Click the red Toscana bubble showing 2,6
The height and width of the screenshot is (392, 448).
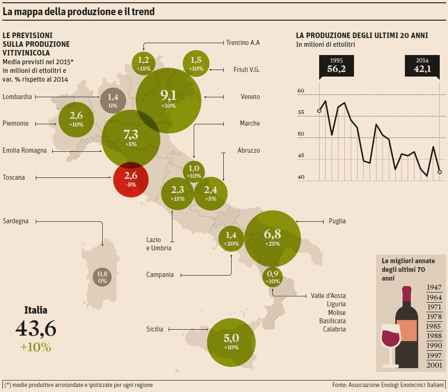pyautogui.click(x=131, y=179)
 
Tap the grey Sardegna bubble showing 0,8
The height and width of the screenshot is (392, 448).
pyautogui.click(x=102, y=277)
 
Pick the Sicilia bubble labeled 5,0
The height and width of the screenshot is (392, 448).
pyautogui.click(x=231, y=342)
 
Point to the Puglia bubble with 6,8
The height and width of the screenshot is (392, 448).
pyautogui.click(x=272, y=238)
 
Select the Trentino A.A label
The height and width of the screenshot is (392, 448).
pyautogui.click(x=243, y=43)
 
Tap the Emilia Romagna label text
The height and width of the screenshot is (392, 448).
pyautogui.click(x=25, y=150)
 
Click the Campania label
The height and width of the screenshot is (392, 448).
pyautogui.click(x=160, y=275)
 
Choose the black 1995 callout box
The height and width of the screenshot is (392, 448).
pyautogui.click(x=336, y=66)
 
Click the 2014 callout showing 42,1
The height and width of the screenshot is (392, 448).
pyautogui.click(x=422, y=66)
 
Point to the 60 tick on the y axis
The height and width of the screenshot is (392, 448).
pyautogui.click(x=301, y=91)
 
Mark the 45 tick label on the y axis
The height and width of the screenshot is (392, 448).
pyautogui.click(x=301, y=155)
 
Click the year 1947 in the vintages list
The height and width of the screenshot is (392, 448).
pyautogui.click(x=434, y=287)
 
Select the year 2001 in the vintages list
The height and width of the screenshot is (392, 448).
pyautogui.click(x=434, y=365)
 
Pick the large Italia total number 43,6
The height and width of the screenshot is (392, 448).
pyautogui.click(x=36, y=328)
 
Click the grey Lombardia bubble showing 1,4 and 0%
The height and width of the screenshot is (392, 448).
pyautogui.click(x=113, y=100)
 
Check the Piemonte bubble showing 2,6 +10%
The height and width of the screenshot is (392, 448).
pyautogui.click(x=76, y=120)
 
